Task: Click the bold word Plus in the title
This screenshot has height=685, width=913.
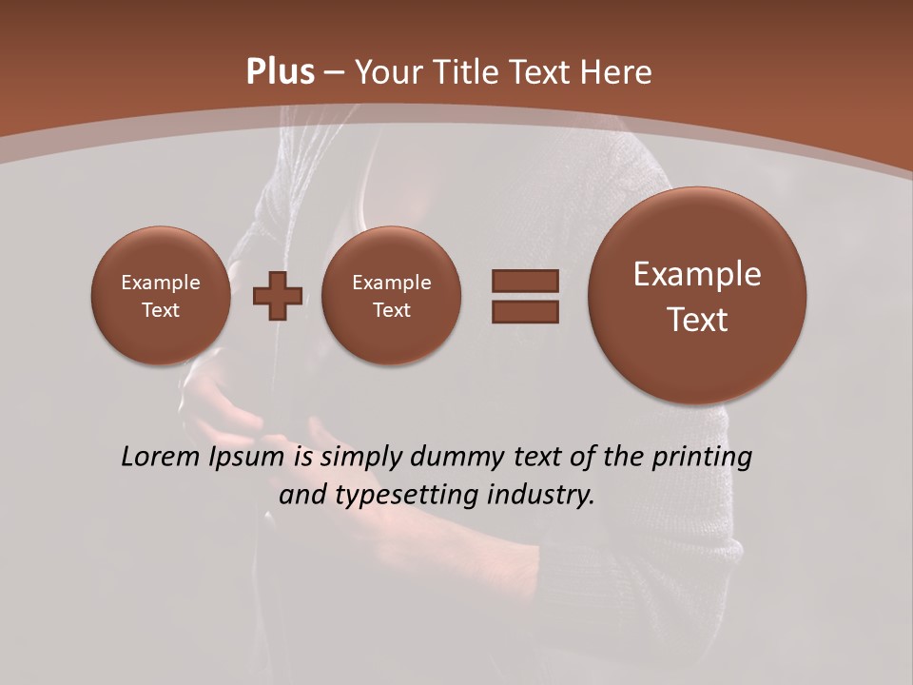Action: point(280,72)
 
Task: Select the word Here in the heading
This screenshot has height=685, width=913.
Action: point(617,72)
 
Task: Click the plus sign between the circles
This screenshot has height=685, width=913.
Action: point(278,296)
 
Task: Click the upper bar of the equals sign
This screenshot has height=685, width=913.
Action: point(525,281)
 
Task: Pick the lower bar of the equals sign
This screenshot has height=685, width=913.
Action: point(525,311)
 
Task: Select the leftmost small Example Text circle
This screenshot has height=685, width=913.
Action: point(161,296)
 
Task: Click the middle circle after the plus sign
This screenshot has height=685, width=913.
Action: point(392,296)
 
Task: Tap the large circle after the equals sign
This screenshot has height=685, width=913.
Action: point(697,296)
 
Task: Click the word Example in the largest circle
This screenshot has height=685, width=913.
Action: point(697,274)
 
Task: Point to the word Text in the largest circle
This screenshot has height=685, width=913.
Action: point(697,320)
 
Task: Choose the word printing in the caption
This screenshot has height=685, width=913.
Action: point(702,458)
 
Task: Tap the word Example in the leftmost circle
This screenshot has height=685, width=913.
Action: point(161,283)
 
